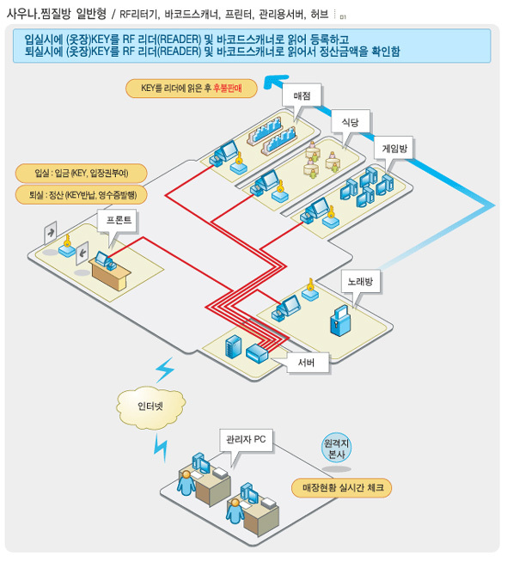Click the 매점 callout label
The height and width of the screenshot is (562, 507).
point(302,96)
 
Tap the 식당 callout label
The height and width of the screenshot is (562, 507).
point(350,122)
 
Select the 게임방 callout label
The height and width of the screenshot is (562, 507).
point(394,148)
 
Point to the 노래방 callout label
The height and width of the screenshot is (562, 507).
point(360,282)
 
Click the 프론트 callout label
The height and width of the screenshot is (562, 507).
point(119,220)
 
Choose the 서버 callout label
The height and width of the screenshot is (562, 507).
point(306,363)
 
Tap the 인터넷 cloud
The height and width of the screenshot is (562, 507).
point(150,406)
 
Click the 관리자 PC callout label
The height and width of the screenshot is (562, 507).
point(246,439)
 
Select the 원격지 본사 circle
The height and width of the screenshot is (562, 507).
point(336,449)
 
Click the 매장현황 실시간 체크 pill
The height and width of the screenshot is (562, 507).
point(341,488)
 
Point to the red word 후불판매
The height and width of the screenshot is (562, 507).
point(228,89)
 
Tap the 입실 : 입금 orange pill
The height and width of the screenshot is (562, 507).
point(82,174)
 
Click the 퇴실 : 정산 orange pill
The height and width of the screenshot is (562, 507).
point(82,195)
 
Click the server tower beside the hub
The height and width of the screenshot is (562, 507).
point(233,346)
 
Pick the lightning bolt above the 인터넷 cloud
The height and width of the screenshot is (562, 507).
point(164,370)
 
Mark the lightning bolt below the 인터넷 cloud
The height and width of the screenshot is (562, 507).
point(161,448)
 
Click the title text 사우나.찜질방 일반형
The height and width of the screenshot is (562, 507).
point(57,14)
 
